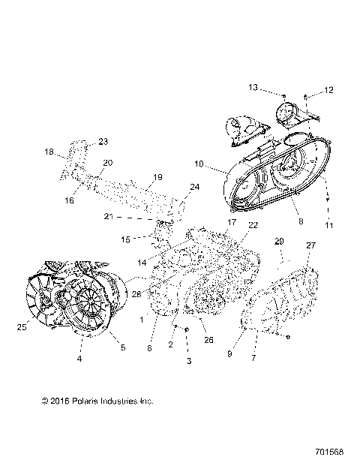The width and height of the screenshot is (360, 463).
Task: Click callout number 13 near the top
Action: (253, 88)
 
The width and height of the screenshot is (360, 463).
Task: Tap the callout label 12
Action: (328, 91)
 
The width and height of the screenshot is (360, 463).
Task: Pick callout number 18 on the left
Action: (49, 152)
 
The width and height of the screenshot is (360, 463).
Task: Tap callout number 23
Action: (103, 141)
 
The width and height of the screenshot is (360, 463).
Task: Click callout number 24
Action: (194, 187)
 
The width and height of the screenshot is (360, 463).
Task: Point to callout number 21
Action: (109, 216)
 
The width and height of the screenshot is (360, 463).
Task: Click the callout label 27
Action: (310, 245)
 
